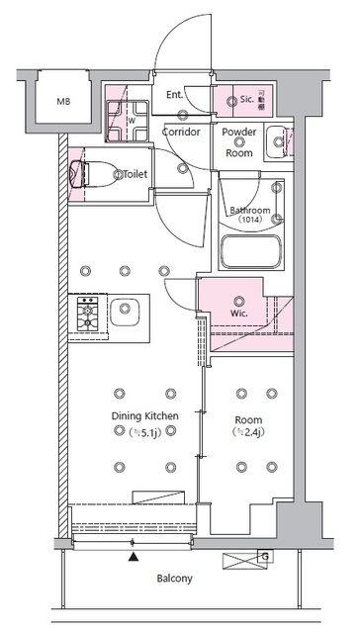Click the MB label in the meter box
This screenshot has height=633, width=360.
63,101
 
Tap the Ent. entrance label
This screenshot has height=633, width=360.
175,95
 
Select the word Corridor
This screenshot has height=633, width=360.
181,132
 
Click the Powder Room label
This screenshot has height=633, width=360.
239,142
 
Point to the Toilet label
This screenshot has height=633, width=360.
135,174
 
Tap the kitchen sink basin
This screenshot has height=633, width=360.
126,316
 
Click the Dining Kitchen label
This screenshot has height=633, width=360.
144,416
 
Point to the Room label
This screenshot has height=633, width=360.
247,416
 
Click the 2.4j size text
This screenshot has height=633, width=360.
247,431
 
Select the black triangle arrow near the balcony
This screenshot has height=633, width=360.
134,557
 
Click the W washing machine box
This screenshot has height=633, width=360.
130,123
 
